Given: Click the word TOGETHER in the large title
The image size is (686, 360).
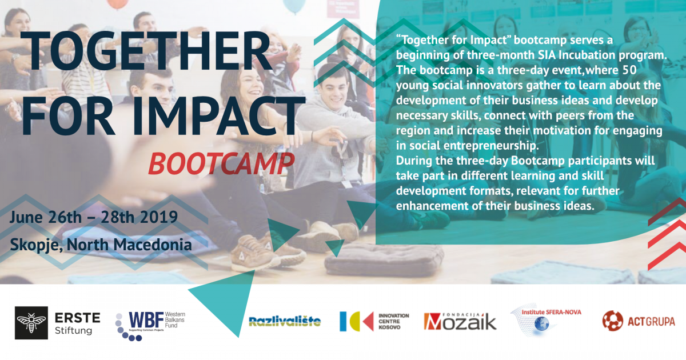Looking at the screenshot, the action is [x=146, y=51].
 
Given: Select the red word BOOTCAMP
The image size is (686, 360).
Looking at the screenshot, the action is [x=221, y=164].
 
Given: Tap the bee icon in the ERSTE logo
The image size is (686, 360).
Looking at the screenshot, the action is [x=31, y=323].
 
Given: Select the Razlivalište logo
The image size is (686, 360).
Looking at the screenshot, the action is [x=285, y=321].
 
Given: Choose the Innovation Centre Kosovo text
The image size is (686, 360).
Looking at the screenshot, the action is [x=393, y=321].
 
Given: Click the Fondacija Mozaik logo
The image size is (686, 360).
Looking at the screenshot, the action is [x=460, y=321].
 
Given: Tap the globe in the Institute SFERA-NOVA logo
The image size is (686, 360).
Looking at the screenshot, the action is [x=541, y=324].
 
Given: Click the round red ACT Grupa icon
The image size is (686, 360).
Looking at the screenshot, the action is [x=612, y=321].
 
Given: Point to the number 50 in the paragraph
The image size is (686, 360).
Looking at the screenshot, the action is [x=629, y=70].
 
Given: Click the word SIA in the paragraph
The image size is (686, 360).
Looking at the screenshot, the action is [x=547, y=55].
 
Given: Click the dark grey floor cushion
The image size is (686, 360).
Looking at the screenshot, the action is [x=384, y=259].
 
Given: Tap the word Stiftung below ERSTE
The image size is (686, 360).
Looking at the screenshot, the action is [x=74, y=331].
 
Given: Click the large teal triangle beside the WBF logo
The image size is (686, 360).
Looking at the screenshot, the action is [x=226, y=303].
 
